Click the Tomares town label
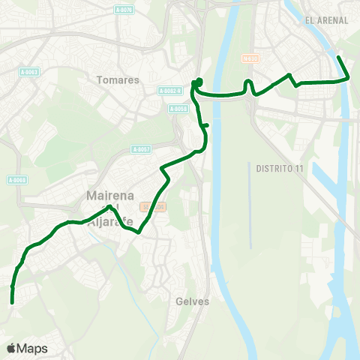pos(118,79)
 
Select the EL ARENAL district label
pos(327,20)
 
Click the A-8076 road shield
pos(124,9)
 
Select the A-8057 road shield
pos(141,148)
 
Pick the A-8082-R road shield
pos(170,91)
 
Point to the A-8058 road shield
pos(179,109)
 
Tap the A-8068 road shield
pos(16,179)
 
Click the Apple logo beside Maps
pos(11,348)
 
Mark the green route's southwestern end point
pos(13,301)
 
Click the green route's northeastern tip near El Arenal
pos(338,58)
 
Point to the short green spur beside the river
pos(206,126)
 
